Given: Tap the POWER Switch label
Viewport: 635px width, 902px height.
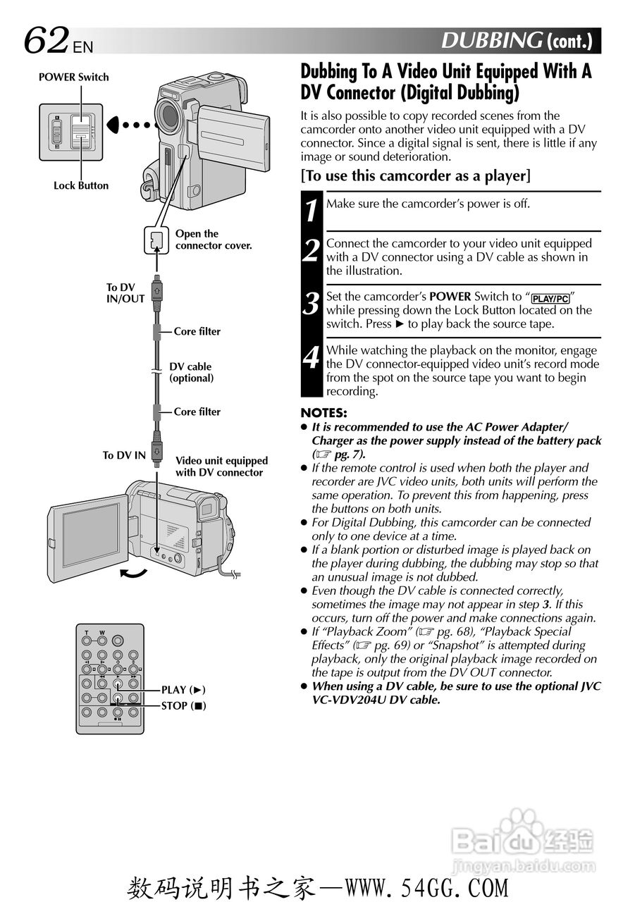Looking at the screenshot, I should click(x=73, y=78).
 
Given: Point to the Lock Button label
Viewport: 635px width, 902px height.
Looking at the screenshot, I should click(x=81, y=186).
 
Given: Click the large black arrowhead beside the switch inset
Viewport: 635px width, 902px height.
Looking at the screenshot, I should click(x=116, y=125).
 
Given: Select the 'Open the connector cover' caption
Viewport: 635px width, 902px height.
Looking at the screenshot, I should click(x=213, y=240).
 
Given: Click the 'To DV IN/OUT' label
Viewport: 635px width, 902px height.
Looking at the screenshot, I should click(x=125, y=293).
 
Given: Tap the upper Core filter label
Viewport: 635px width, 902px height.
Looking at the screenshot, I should click(x=197, y=331).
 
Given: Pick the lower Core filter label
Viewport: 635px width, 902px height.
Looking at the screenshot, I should click(x=197, y=412).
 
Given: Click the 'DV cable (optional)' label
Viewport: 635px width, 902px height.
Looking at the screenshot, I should click(x=190, y=372).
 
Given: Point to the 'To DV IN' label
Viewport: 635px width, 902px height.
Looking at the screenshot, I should click(x=124, y=455).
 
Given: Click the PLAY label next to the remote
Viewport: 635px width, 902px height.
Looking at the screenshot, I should click(x=183, y=690).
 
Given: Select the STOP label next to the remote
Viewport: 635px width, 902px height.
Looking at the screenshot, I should click(x=183, y=705).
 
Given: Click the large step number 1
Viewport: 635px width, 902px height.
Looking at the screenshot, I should click(x=311, y=210).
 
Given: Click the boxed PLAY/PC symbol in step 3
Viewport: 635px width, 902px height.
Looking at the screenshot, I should click(x=550, y=298).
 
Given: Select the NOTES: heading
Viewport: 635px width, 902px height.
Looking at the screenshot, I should click(x=323, y=413).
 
